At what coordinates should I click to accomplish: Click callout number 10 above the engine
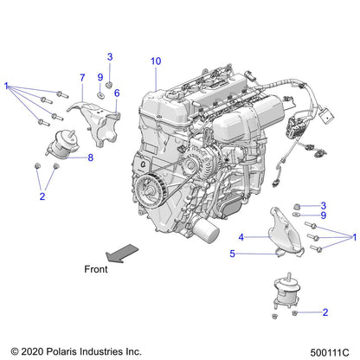point(156,61)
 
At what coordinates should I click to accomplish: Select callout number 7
point(82,77)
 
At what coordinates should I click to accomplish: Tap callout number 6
point(116,93)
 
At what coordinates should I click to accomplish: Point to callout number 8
point(89,157)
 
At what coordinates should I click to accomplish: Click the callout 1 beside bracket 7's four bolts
point(6,86)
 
